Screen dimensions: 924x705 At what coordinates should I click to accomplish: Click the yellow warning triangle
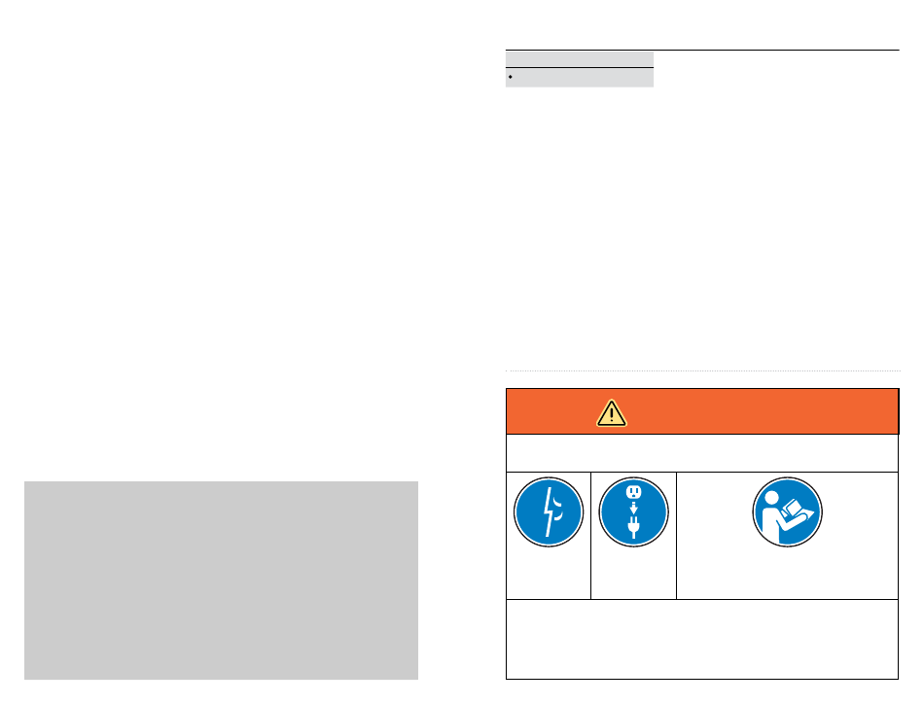(612, 412)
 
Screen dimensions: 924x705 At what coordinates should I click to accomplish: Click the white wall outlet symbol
(633, 493)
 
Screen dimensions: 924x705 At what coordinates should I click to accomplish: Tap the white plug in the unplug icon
(633, 529)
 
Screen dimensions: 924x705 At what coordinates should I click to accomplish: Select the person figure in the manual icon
(773, 512)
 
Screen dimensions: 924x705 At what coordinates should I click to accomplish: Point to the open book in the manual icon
(799, 510)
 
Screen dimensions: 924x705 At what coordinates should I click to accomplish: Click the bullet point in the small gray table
(512, 76)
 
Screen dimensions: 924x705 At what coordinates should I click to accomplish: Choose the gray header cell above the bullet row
(580, 58)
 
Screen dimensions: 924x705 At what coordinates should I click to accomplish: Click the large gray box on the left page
(221, 580)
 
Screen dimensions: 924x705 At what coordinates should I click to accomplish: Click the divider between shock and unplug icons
(590, 535)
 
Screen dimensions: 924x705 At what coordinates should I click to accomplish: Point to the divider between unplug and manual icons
(676, 535)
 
